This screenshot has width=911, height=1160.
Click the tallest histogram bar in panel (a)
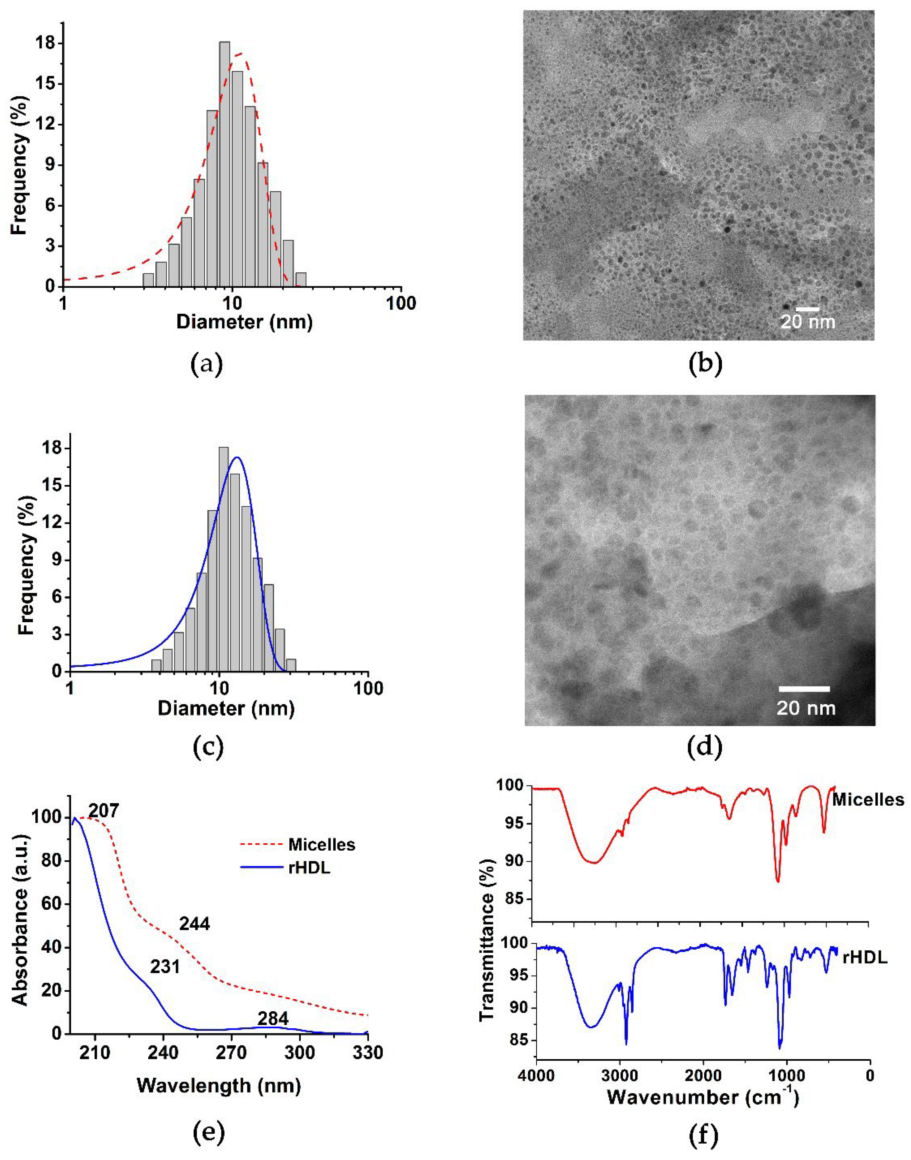tap(224, 165)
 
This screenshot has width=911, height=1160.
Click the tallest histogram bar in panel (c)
tap(224, 560)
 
